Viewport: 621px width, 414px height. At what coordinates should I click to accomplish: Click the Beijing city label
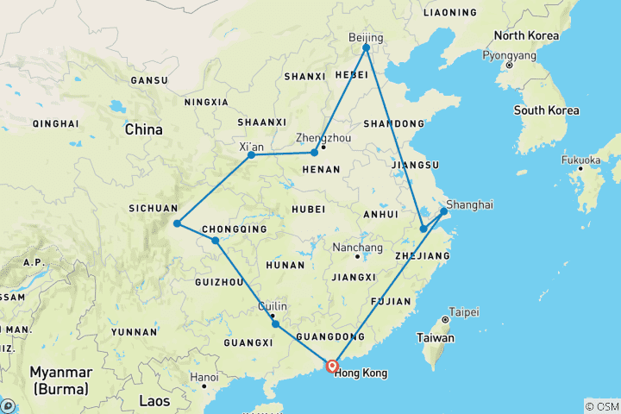tap(365, 37)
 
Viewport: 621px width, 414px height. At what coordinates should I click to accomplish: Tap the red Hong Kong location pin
tap(332, 365)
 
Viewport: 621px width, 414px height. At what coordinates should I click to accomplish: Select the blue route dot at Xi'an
tap(251, 155)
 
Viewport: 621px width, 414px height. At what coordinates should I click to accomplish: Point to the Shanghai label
tap(470, 204)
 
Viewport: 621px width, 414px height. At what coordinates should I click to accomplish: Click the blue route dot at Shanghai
tap(444, 210)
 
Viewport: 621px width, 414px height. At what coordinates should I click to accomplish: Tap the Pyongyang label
tap(509, 54)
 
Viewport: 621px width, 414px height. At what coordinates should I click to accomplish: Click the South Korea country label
tap(546, 110)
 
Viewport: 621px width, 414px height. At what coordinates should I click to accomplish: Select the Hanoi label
tap(204, 377)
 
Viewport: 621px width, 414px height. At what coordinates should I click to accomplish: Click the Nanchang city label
tap(357, 248)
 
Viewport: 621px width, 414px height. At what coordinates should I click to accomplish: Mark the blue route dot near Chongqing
tap(215, 240)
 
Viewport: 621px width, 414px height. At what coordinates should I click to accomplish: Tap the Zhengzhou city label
tap(322, 137)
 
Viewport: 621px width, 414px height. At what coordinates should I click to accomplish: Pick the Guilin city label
tap(273, 305)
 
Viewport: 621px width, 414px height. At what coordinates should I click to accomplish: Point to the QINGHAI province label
tap(55, 123)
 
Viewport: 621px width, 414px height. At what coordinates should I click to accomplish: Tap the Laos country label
tap(155, 400)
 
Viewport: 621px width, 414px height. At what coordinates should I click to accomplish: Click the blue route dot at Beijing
tap(367, 48)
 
